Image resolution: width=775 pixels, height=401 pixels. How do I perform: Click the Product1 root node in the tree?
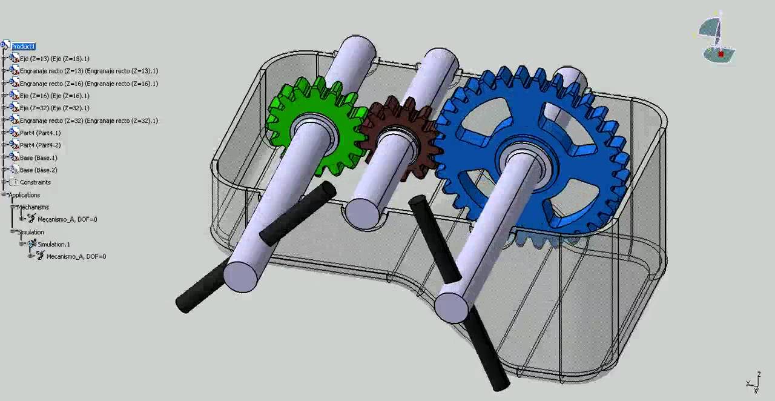coord(23,47)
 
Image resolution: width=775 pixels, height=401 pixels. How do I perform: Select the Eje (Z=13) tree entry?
coord(54,59)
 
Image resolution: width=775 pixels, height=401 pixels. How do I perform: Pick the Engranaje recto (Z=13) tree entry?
coord(88,71)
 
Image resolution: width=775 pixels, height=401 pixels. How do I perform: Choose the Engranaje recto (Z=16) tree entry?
coord(88,84)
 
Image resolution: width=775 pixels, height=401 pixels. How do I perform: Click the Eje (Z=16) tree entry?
coord(54,96)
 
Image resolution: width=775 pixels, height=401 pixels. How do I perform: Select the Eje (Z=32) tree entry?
coord(54,108)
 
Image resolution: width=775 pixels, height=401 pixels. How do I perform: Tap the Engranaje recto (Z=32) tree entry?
coord(88,121)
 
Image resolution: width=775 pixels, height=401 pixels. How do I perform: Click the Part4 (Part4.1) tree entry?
coord(40,133)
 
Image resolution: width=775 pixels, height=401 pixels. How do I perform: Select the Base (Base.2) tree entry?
coord(38,170)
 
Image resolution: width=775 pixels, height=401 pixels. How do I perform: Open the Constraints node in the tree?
coord(35,182)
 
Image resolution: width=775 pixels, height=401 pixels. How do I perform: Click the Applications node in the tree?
coord(24,195)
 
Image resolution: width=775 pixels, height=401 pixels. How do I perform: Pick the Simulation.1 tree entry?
coord(53,244)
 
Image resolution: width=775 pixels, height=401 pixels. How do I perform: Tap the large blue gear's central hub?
coord(521,156)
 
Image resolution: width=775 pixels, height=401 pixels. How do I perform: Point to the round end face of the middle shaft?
coord(363,213)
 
